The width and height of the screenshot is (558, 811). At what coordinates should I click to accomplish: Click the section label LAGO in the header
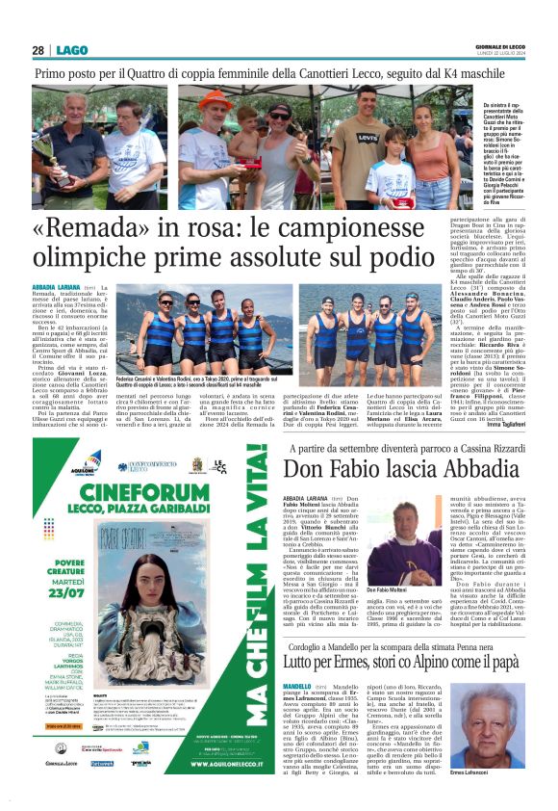pos(71,50)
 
